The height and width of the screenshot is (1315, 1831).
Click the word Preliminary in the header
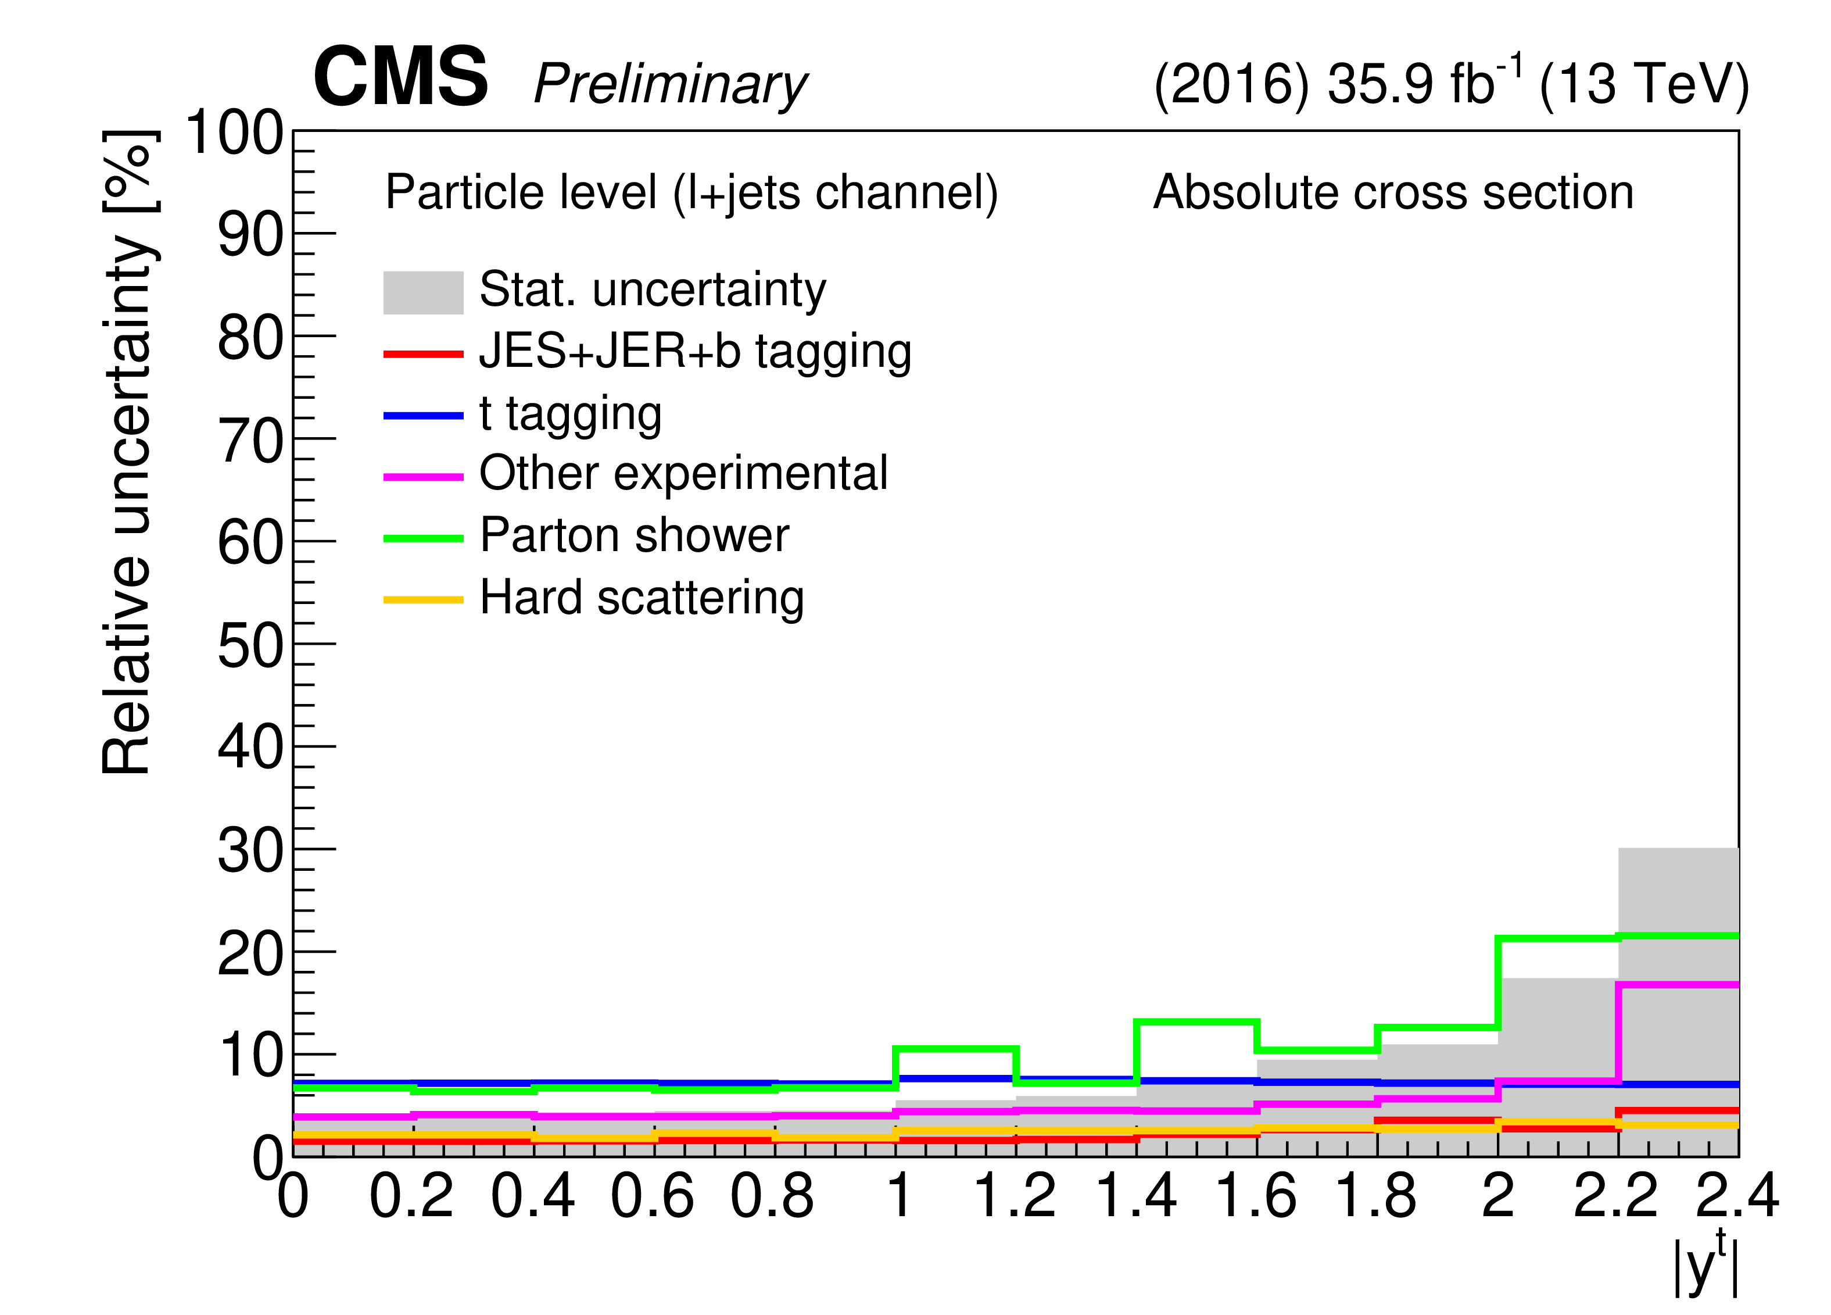pos(670,84)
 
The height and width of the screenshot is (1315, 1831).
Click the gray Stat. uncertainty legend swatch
pos(423,292)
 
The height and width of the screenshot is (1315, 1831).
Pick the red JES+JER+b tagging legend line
pos(423,354)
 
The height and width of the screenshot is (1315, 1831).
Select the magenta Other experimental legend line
pos(423,477)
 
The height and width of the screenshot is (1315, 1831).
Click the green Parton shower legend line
pos(423,538)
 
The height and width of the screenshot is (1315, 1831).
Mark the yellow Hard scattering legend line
pos(423,599)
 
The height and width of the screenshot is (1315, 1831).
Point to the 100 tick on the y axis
pos(234,133)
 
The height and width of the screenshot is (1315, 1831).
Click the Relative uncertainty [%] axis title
pos(128,452)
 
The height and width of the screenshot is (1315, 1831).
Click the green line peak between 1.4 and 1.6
pos(1196,1022)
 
